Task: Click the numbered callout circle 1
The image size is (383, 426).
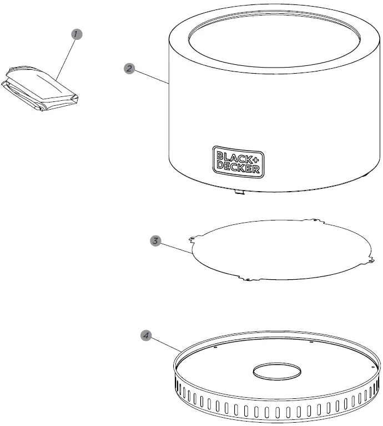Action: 78,34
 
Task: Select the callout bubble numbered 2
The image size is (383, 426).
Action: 128,69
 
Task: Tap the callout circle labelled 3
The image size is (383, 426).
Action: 157,241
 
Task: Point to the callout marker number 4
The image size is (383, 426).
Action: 145,335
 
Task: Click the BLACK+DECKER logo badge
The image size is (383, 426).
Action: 238,161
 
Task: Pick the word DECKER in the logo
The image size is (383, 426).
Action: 238,166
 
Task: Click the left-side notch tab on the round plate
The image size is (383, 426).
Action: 192,239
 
